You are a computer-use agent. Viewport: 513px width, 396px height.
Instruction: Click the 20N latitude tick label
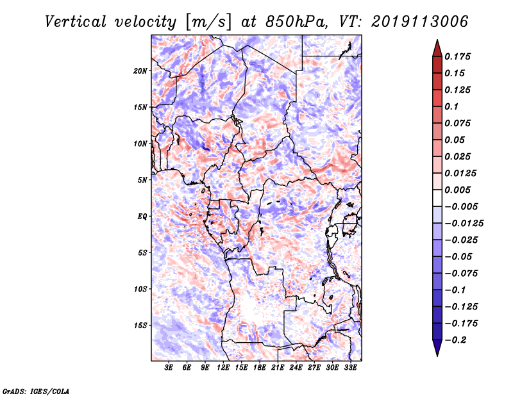click(x=140, y=71)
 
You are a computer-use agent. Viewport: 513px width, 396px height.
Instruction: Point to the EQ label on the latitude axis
click(x=142, y=217)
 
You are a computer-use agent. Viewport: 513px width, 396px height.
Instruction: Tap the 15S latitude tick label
click(x=140, y=326)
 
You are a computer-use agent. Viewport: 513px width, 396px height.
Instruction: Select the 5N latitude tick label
click(x=142, y=180)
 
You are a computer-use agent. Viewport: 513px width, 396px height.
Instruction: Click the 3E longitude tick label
click(x=169, y=368)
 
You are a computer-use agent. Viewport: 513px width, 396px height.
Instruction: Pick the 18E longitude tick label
click(x=260, y=368)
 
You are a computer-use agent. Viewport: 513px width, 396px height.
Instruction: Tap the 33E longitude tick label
click(x=350, y=368)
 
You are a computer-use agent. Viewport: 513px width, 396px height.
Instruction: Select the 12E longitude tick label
click(x=223, y=368)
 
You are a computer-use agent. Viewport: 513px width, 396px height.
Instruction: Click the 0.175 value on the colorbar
click(x=458, y=56)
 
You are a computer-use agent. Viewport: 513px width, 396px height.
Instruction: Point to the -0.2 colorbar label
click(x=455, y=340)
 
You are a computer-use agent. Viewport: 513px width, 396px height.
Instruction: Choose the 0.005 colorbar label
click(x=458, y=190)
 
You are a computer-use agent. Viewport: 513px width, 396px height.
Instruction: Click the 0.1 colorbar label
click(x=451, y=106)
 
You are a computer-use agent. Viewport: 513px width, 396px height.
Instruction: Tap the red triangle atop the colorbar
click(x=437, y=49)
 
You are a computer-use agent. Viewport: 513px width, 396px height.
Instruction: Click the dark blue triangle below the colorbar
click(x=437, y=347)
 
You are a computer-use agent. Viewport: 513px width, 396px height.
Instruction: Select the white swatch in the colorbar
click(x=437, y=198)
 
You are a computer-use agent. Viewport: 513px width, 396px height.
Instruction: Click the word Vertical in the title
click(x=76, y=22)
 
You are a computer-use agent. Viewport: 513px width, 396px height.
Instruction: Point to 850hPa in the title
click(x=296, y=22)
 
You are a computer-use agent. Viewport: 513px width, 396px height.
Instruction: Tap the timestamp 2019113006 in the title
click(x=420, y=22)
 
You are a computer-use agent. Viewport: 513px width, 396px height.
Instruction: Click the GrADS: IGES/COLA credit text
click(x=36, y=391)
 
